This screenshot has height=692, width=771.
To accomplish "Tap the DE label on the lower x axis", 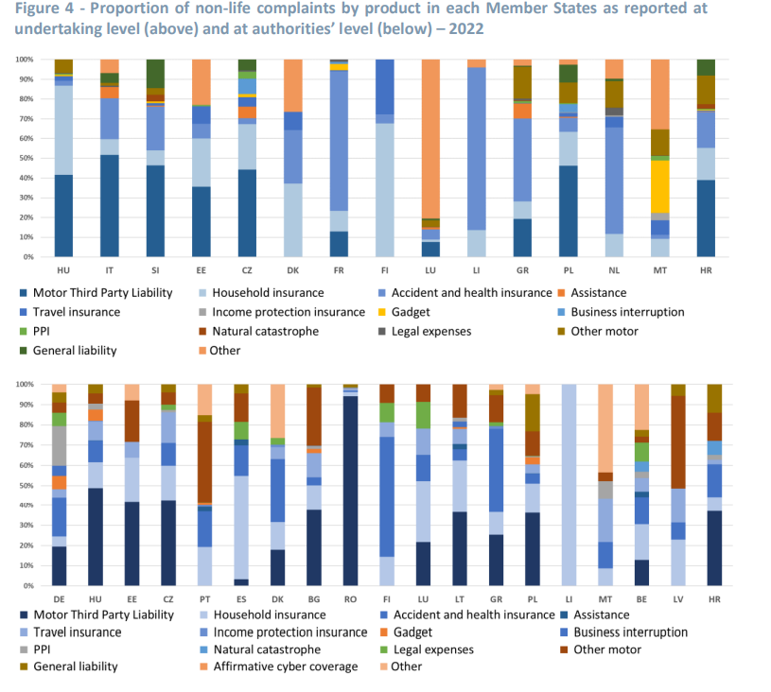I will (60, 598).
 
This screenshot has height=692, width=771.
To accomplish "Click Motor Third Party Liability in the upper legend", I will (103, 293).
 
